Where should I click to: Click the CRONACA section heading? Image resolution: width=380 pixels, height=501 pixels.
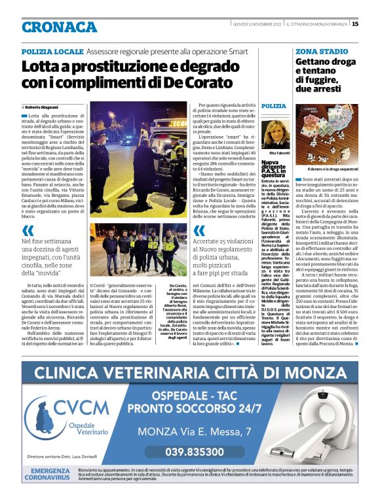[59, 27]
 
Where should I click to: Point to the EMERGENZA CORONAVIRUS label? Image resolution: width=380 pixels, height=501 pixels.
[50, 474]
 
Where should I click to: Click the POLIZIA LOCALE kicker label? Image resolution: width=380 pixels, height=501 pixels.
[52, 50]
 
